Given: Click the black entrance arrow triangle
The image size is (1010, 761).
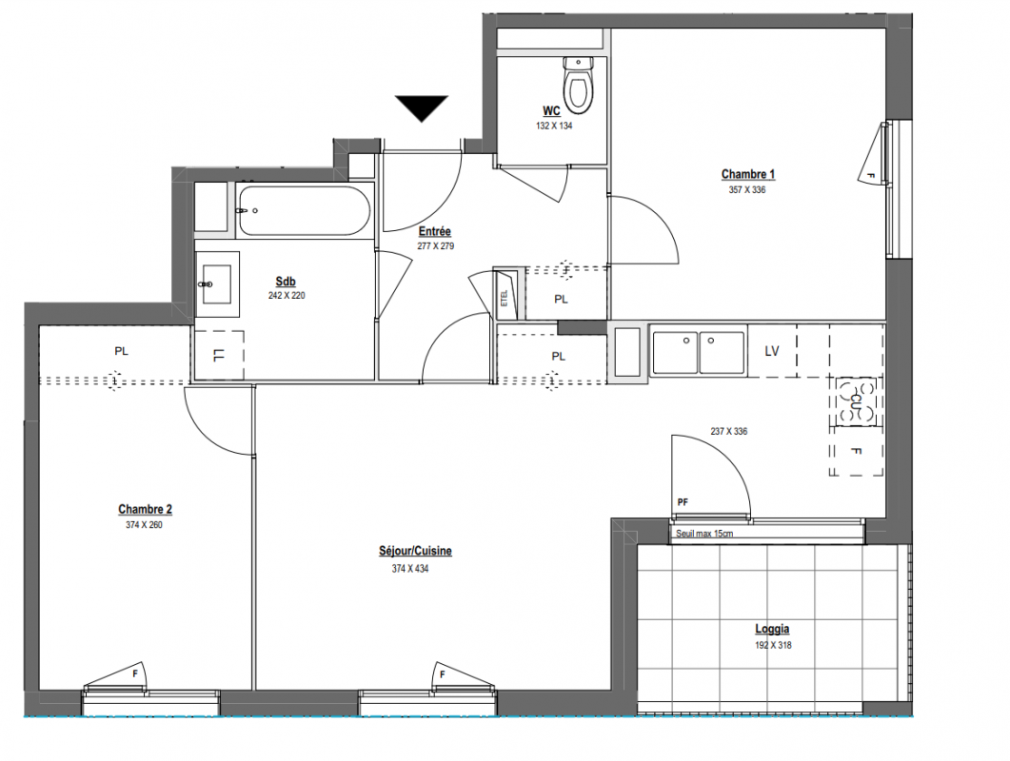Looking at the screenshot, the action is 422,107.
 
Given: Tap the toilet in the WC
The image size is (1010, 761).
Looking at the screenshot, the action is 578,84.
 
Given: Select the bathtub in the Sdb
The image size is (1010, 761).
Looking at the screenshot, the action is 303,210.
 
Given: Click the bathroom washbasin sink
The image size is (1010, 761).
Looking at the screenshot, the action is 217,283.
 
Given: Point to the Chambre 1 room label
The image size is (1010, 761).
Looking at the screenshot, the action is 748,174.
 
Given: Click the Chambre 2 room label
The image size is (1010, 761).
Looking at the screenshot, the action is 145,509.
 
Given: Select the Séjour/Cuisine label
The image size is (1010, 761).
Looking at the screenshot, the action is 415,551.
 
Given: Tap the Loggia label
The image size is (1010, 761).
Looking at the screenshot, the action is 772,629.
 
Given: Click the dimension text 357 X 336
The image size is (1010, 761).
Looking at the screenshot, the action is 747,190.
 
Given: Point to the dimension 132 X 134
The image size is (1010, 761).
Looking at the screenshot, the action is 554,126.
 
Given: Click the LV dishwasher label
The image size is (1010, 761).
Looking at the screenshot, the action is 772,351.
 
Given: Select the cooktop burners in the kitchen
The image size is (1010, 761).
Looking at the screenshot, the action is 856,401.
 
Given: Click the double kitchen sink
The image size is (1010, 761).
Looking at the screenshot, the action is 699,352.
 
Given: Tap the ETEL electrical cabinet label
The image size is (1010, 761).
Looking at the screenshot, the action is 505,298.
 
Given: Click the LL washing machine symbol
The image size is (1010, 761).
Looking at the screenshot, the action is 219,355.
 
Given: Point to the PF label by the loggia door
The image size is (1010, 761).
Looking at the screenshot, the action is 683,502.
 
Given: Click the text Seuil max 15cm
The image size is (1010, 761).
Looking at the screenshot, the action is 704,534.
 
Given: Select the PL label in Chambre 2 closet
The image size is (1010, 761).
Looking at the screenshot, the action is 121,351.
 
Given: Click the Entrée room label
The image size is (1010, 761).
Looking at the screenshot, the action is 435,231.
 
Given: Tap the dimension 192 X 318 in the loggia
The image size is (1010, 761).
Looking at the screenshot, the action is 773,645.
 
